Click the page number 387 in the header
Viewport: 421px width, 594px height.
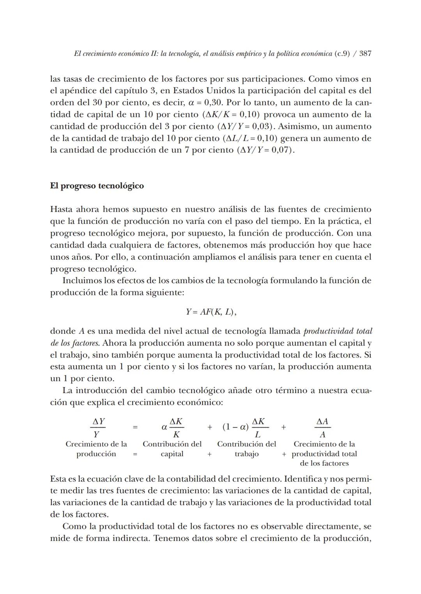click(365, 54)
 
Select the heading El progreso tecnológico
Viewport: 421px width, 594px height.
click(97, 186)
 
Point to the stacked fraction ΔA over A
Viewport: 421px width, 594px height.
click(322, 428)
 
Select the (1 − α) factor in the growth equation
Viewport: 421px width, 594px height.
click(235, 427)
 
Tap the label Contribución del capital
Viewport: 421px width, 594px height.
click(172, 449)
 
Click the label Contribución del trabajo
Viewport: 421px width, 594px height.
click(246, 449)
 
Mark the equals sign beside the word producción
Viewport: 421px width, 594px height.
click(135, 454)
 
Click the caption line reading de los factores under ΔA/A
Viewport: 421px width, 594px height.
click(324, 463)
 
